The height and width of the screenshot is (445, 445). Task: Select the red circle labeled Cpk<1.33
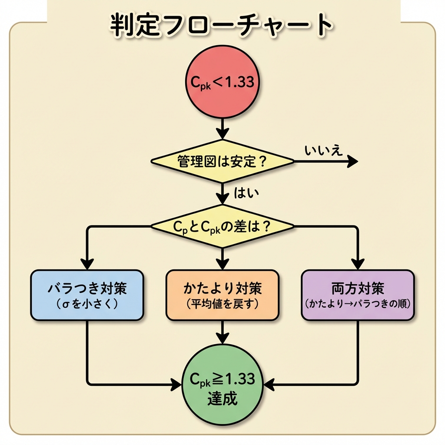tap(222, 83)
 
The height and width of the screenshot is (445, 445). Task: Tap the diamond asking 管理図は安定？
tap(222, 161)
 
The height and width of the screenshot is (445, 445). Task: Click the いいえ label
tap(324, 150)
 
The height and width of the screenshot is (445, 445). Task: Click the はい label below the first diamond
tap(246, 193)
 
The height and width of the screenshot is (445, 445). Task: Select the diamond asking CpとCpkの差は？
tap(222, 226)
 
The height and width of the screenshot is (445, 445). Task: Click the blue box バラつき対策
tap(87, 295)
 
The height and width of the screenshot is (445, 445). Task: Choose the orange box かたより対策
tap(222, 295)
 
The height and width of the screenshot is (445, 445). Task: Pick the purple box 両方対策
tap(358, 295)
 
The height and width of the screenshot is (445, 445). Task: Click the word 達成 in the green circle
tap(222, 398)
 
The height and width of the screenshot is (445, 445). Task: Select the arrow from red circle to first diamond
tap(222, 128)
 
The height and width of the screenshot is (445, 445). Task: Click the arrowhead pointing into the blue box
tap(87, 264)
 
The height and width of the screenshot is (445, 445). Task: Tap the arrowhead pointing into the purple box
tap(358, 264)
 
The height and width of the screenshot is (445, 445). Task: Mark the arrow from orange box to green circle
tap(222, 332)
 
